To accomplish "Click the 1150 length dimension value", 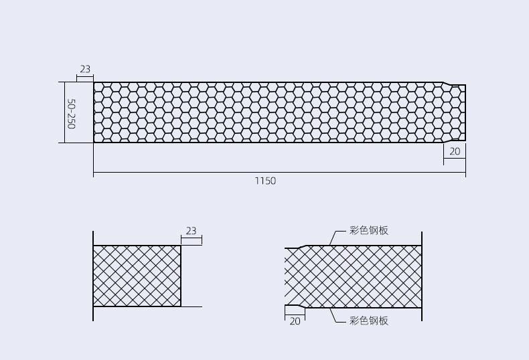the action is [x=265, y=181].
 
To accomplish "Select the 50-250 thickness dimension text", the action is [x=71, y=114].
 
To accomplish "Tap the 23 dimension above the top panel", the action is [x=85, y=70].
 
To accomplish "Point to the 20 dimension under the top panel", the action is [x=455, y=152].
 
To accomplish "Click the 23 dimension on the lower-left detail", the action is [x=191, y=231].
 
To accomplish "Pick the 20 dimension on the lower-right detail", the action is [x=295, y=321].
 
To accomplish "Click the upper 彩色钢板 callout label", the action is [x=369, y=231].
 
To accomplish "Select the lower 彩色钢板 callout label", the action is [x=369, y=321].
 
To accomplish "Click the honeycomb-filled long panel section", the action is [x=268, y=112].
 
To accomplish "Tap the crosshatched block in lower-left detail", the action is [x=137, y=276].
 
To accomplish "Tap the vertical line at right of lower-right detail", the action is [x=422, y=276].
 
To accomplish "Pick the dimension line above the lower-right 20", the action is [x=295, y=314].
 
